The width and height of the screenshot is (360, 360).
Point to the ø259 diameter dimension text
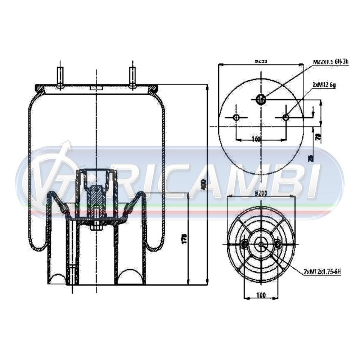click(x=261, y=60)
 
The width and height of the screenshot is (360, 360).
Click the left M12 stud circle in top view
click(x=236, y=118)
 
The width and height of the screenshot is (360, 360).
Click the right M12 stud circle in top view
click(x=285, y=118)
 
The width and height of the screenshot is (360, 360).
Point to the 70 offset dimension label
click(x=318, y=137)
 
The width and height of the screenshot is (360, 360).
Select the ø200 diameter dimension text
click(x=261, y=193)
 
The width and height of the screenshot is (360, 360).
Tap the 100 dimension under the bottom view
click(x=261, y=295)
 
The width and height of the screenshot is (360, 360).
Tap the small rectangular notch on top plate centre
click(x=96, y=88)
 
